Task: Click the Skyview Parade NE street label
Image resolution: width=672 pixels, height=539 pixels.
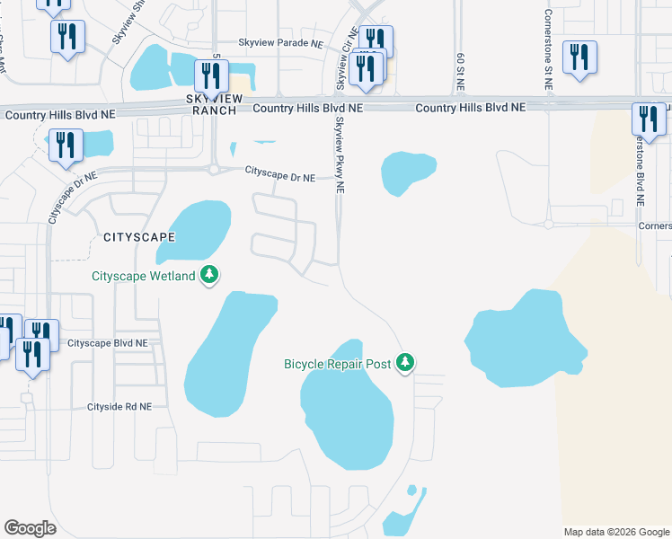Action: click(x=279, y=42)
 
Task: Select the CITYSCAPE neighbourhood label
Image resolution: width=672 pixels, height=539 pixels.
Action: click(x=138, y=237)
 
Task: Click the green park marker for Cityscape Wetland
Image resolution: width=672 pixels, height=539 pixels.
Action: click(x=209, y=274)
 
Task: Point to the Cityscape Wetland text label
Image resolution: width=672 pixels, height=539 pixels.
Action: click(x=144, y=276)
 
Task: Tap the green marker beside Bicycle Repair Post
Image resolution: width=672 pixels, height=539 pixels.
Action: click(x=406, y=362)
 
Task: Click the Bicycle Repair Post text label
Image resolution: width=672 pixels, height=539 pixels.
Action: click(x=338, y=364)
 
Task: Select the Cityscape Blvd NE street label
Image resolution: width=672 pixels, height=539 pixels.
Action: click(x=108, y=343)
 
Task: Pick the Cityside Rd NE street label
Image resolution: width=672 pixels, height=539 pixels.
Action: click(x=119, y=406)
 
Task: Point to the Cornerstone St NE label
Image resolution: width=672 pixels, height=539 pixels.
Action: click(x=548, y=49)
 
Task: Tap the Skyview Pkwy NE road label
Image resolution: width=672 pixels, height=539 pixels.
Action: click(x=340, y=155)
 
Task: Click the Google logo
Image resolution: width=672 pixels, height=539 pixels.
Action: click(x=30, y=528)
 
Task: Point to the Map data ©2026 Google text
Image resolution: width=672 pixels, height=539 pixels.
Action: click(x=615, y=532)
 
